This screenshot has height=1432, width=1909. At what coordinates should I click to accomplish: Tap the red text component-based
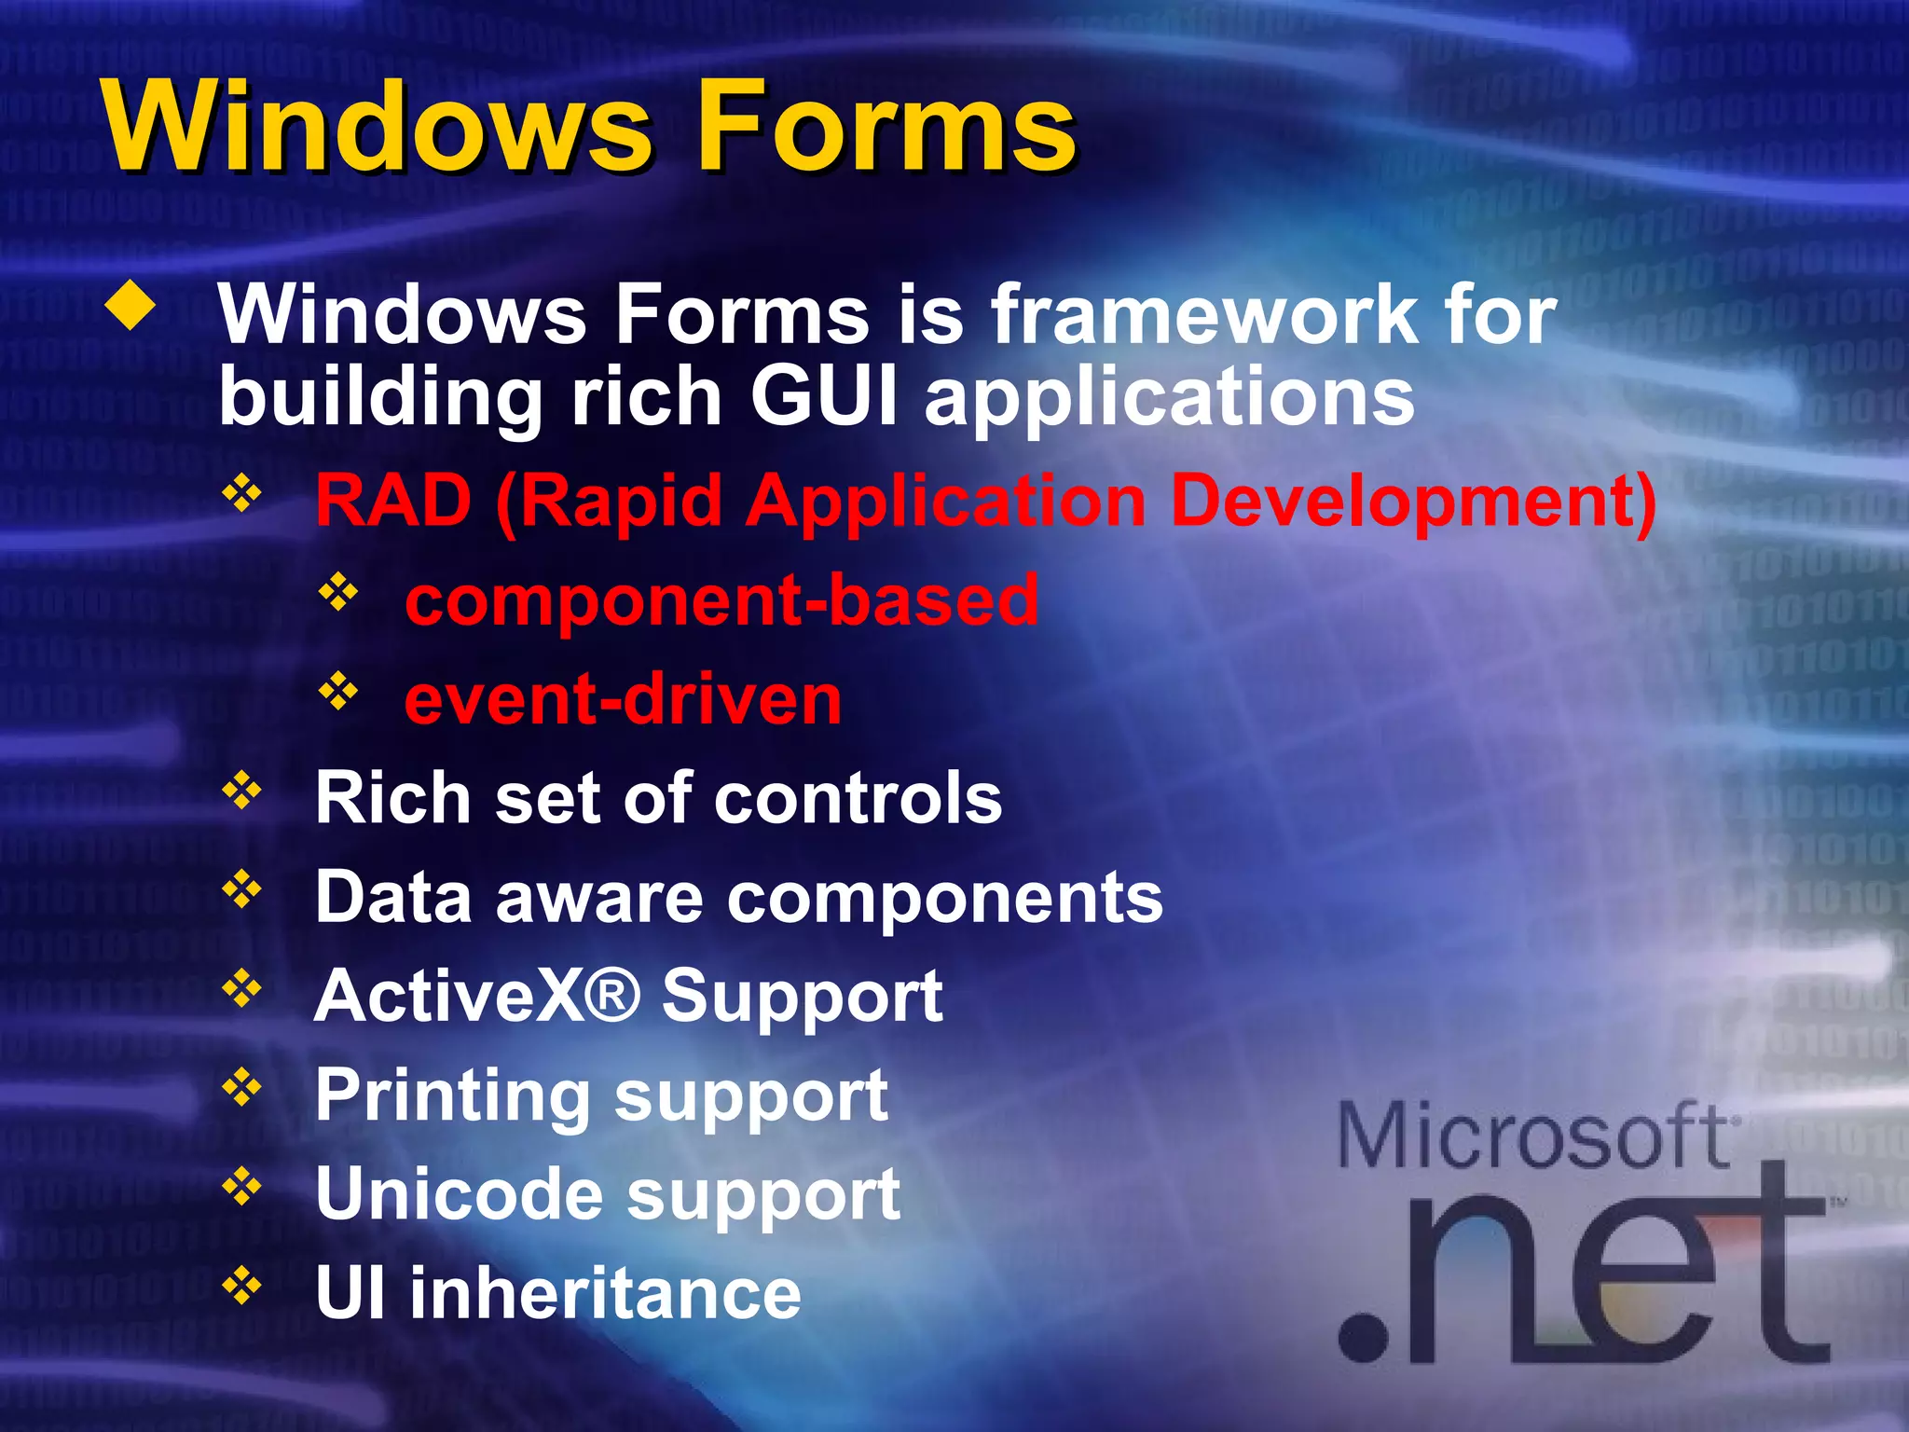[x=721, y=600]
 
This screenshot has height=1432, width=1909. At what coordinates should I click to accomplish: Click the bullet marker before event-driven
[x=338, y=691]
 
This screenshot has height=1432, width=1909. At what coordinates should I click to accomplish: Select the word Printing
[x=453, y=1096]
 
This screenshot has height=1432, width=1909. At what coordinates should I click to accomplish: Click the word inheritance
[x=605, y=1293]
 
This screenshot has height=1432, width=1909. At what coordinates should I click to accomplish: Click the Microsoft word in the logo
[x=1533, y=1136]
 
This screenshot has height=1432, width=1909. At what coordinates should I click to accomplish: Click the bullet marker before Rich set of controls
[x=241, y=791]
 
